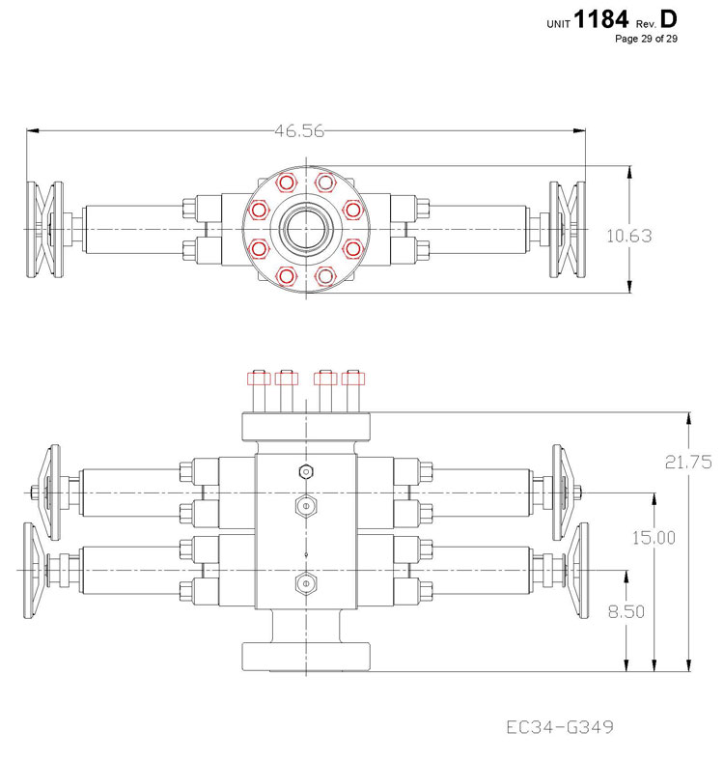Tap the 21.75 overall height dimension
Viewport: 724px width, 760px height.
click(x=689, y=462)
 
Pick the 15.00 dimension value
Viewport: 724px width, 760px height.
click(x=654, y=537)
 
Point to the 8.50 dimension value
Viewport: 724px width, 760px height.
click(x=625, y=611)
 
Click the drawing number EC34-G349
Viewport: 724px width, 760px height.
click(x=561, y=726)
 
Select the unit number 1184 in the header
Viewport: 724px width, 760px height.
click(x=600, y=20)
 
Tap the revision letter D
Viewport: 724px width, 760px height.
click(x=669, y=19)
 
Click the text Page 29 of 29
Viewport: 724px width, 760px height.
click(x=646, y=40)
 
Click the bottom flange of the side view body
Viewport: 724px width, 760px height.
click(x=307, y=656)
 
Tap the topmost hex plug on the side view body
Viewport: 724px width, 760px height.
click(x=306, y=471)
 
